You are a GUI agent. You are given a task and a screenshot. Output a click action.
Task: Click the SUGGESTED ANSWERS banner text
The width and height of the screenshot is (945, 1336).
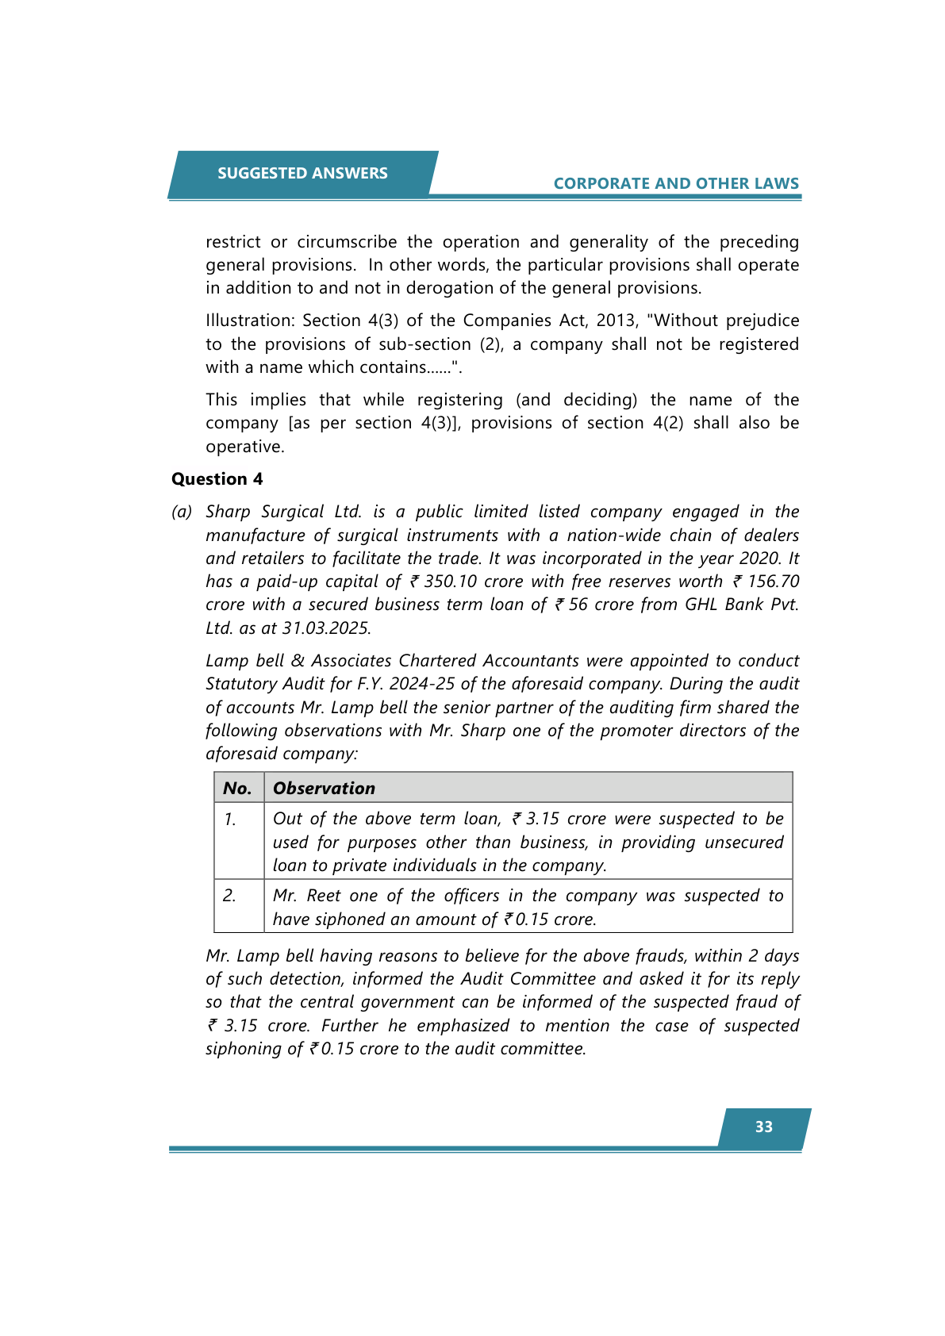click(302, 173)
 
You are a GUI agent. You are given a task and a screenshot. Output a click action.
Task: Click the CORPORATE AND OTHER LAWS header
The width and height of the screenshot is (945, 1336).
click(676, 183)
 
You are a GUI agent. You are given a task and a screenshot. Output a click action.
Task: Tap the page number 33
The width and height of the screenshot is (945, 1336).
click(763, 1127)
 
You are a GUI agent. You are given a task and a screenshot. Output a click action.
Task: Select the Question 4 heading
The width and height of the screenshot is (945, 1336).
click(217, 479)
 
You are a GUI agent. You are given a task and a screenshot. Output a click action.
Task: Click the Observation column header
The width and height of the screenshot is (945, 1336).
click(324, 788)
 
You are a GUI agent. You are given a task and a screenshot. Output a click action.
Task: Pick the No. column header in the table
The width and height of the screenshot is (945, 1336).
click(237, 788)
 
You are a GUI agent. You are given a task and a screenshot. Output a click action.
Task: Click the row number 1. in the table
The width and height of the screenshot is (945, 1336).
click(229, 819)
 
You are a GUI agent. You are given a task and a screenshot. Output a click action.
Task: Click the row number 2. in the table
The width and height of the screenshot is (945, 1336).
click(229, 896)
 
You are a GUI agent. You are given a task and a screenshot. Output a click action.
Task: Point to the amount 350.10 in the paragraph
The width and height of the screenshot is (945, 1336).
click(450, 582)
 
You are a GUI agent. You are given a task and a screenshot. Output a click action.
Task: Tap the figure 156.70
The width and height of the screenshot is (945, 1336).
click(773, 582)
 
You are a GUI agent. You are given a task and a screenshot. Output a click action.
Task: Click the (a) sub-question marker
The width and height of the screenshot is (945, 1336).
click(182, 512)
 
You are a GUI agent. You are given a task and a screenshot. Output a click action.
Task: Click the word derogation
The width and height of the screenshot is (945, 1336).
click(448, 288)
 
